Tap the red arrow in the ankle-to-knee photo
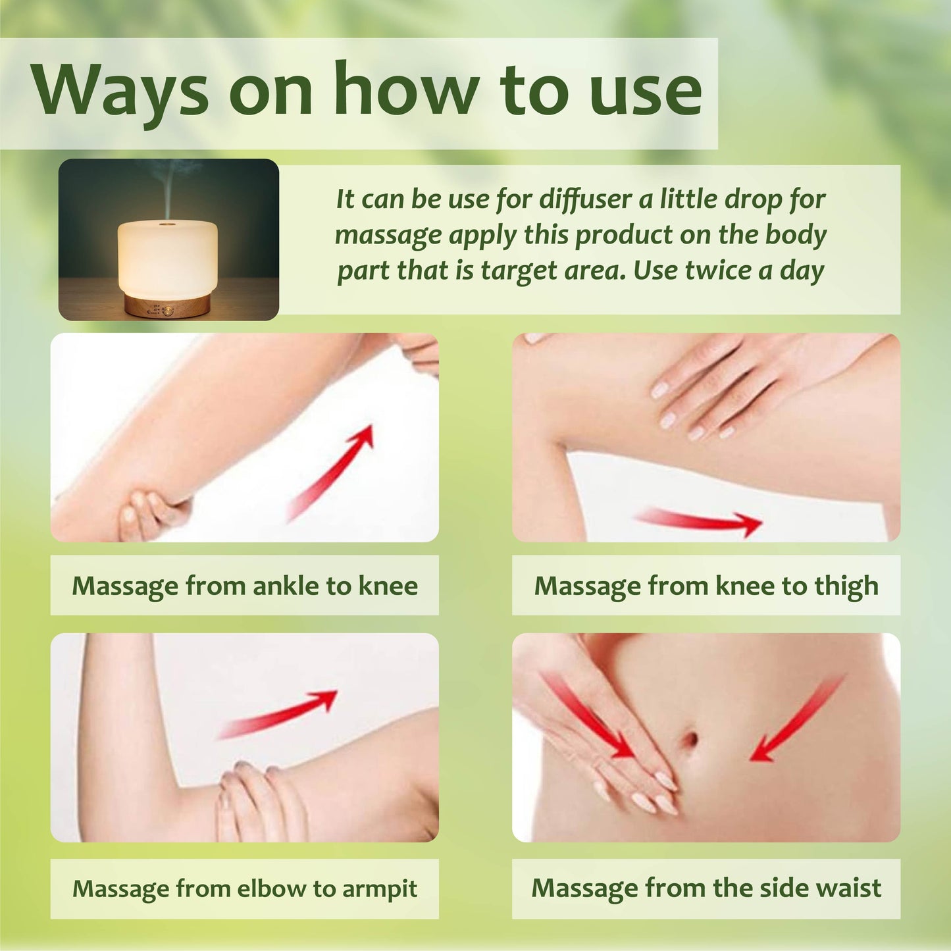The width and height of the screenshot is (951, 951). pos(330,473)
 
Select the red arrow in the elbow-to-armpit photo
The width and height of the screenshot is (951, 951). pos(277,713)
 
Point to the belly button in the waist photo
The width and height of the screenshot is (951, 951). pos(690,740)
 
